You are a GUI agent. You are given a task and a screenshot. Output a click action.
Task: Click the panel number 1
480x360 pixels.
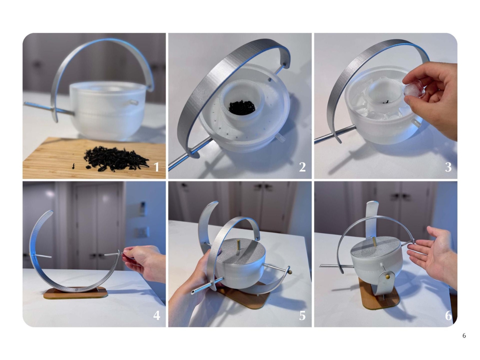tap(157, 167)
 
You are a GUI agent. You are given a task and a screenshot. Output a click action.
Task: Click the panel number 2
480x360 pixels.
tap(302, 167)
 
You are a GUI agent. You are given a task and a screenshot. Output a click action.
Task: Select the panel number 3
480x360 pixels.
tap(448, 167)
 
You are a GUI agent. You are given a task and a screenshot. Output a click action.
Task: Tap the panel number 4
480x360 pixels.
tap(157, 315)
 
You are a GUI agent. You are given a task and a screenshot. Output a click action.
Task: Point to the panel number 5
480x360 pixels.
tap(302, 315)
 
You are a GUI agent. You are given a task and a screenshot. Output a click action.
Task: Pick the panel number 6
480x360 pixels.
tap(448, 315)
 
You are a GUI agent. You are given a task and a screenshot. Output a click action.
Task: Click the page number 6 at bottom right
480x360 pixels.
tap(464, 336)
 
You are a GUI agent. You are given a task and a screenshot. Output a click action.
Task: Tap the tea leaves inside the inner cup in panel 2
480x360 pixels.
tap(242, 108)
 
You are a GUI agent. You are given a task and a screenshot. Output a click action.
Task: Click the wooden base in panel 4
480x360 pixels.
tap(75, 293)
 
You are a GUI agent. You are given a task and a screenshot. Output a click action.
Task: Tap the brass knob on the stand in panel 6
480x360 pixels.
tap(386, 276)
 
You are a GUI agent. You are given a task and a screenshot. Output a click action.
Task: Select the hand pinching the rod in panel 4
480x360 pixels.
tap(144, 261)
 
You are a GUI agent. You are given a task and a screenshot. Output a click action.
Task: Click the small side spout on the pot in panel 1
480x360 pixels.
tap(134, 102)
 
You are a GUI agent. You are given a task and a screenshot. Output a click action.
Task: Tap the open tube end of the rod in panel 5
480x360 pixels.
tap(193, 292)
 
